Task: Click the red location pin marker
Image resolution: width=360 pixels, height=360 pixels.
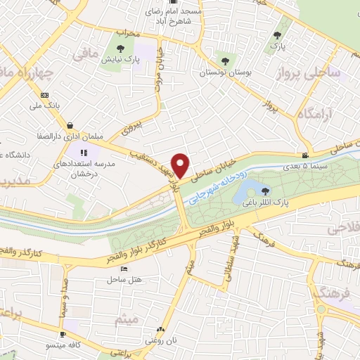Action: (181, 165)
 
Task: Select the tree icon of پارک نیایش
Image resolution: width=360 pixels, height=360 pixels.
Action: (120, 49)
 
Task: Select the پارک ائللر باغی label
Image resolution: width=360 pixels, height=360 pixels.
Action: (264, 202)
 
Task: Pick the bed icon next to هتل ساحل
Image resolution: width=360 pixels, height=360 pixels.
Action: (124, 269)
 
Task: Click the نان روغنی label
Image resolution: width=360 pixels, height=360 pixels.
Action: (161, 340)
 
